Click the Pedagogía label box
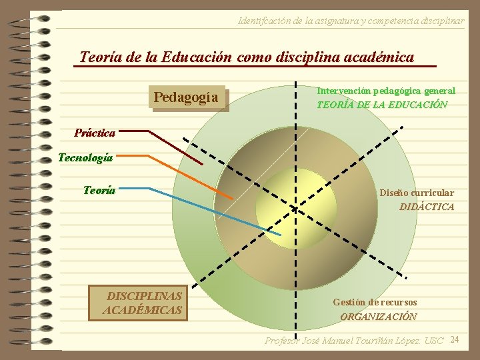(x=186, y=98)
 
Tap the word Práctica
(x=95, y=133)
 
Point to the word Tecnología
(x=85, y=158)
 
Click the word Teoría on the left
(x=99, y=190)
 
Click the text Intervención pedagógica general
(x=386, y=91)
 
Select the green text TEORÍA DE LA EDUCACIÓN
(x=381, y=105)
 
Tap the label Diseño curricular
(x=417, y=193)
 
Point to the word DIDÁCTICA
(x=427, y=207)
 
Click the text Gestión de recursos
(x=375, y=302)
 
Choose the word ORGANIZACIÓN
(x=379, y=317)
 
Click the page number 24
(x=455, y=340)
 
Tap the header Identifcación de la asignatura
(x=351, y=21)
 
